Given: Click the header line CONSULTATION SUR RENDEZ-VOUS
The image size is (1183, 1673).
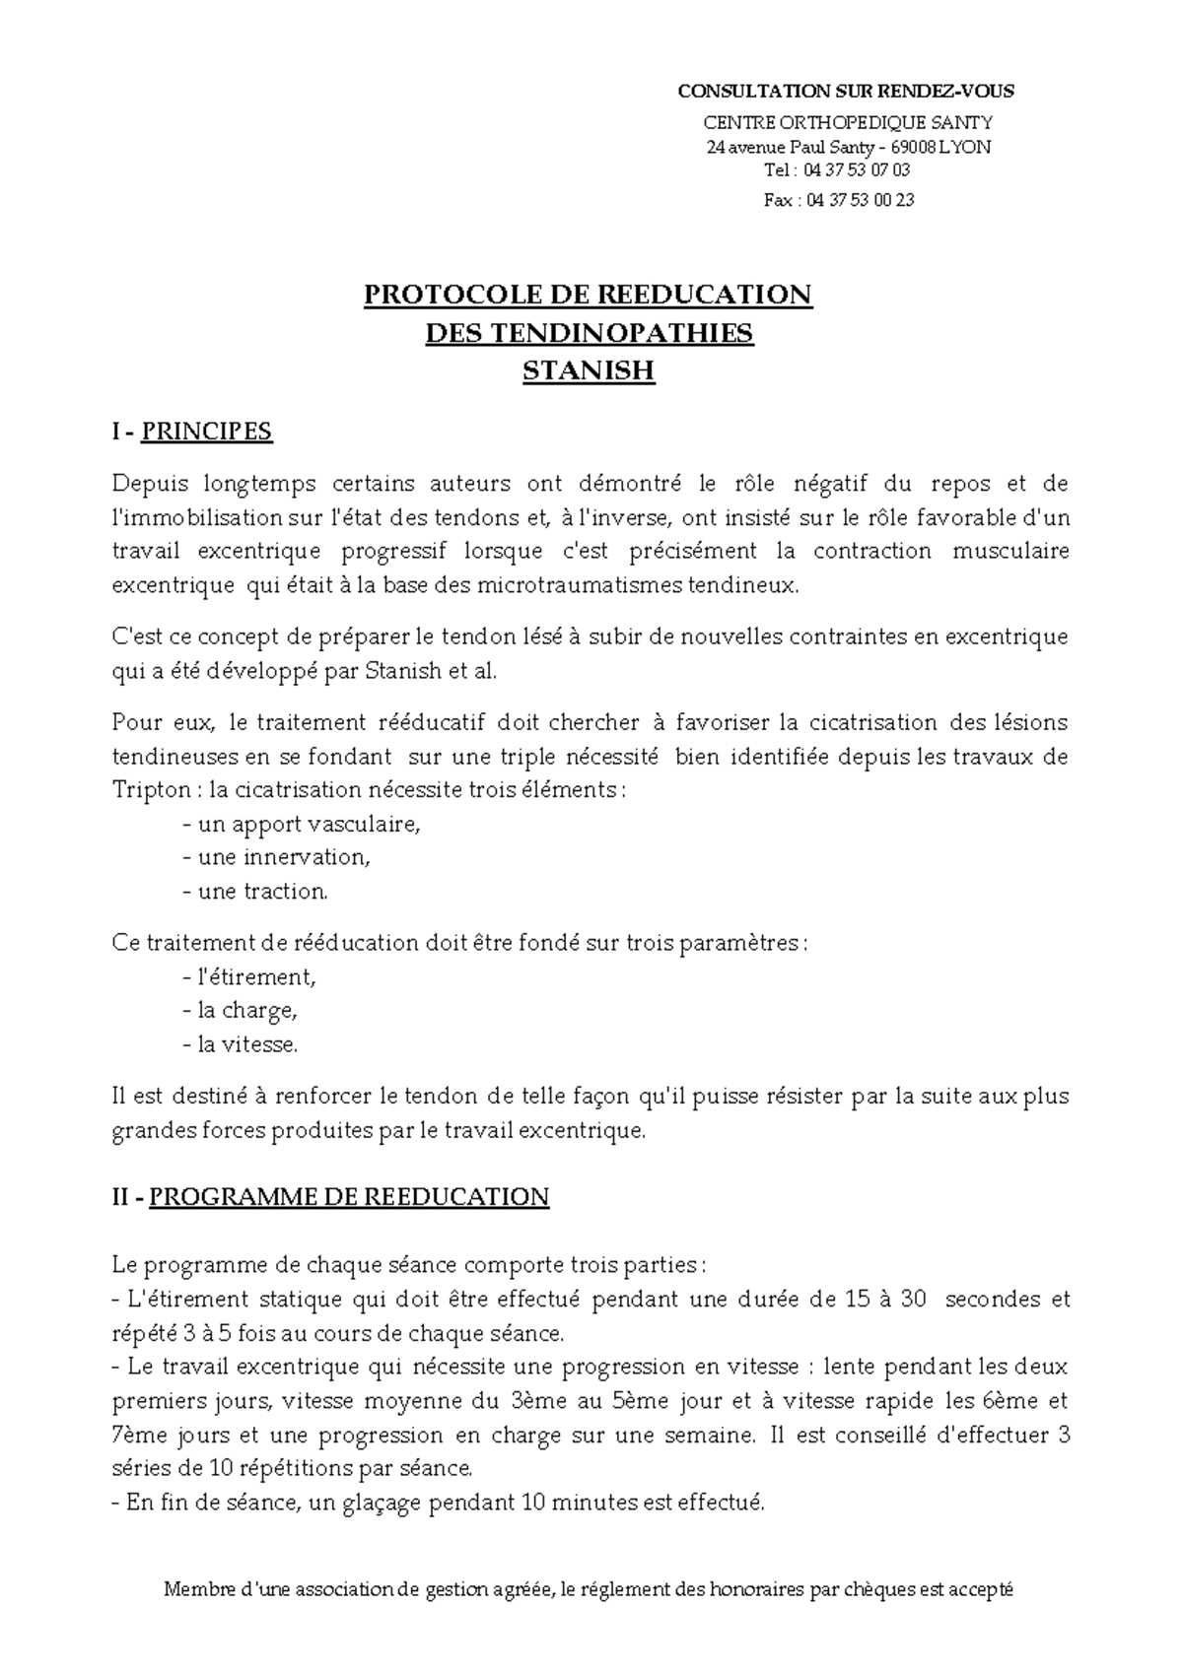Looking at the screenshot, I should (x=846, y=92).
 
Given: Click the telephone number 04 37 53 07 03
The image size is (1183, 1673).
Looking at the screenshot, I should (x=857, y=169).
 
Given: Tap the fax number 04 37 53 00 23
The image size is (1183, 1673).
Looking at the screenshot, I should (x=860, y=200).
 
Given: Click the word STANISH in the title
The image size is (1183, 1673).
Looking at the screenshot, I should (x=589, y=371).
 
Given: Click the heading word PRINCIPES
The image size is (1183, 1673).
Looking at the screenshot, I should (x=207, y=432).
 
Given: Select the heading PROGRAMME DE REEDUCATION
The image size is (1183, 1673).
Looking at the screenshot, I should (x=349, y=1197).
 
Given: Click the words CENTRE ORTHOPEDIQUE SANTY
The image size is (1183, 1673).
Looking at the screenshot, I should (x=847, y=122).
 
